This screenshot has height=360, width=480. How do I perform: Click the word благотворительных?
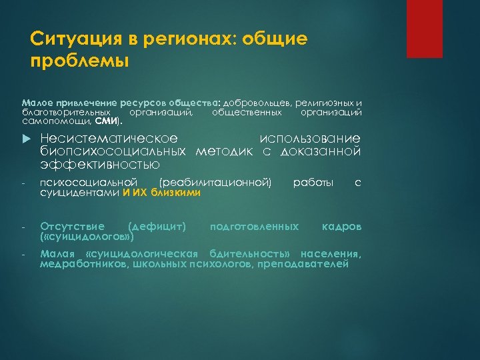coord(63,113)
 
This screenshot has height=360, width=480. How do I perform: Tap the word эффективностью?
coord(99,164)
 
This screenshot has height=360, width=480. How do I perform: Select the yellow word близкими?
coord(176,193)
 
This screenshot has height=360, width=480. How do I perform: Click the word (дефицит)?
coord(156,227)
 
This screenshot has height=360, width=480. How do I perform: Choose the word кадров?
coord(341,227)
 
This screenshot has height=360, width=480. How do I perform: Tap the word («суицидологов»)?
coord(87,237)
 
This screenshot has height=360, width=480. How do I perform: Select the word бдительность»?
coord(251,254)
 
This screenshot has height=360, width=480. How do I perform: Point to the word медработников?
coord(74,264)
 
